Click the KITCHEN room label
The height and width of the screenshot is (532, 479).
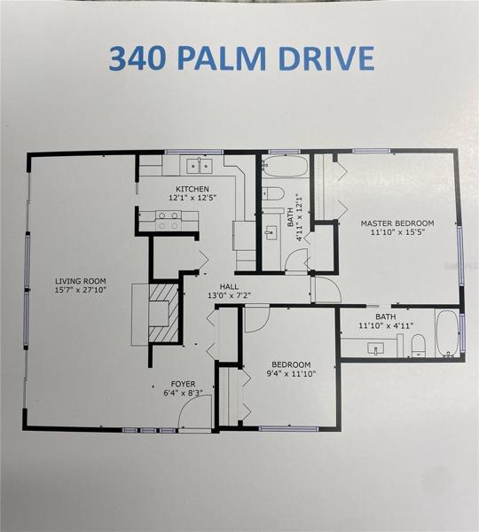click(192, 189)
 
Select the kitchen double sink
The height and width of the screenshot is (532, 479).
click(200, 166)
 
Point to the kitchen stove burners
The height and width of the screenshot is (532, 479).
click(169, 221)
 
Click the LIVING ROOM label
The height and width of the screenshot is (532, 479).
click(81, 281)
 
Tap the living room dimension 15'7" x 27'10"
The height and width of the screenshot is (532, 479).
click(81, 290)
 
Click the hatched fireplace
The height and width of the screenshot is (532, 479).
click(163, 313)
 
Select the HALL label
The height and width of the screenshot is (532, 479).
click(229, 286)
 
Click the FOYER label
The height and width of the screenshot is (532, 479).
click(183, 384)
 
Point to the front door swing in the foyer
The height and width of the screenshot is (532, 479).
click(195, 413)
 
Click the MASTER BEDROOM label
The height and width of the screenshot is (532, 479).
click(397, 223)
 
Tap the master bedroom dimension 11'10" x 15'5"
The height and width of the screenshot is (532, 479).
click(397, 232)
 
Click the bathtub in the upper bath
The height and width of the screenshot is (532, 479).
click(285, 166)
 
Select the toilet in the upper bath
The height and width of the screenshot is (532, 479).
click(273, 193)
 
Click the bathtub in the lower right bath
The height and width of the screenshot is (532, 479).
click(447, 333)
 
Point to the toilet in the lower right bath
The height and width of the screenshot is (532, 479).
click(418, 345)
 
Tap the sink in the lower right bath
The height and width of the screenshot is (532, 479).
click(375, 348)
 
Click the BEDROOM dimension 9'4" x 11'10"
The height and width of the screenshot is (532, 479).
click(291, 374)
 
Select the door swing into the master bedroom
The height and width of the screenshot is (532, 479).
click(326, 289)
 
